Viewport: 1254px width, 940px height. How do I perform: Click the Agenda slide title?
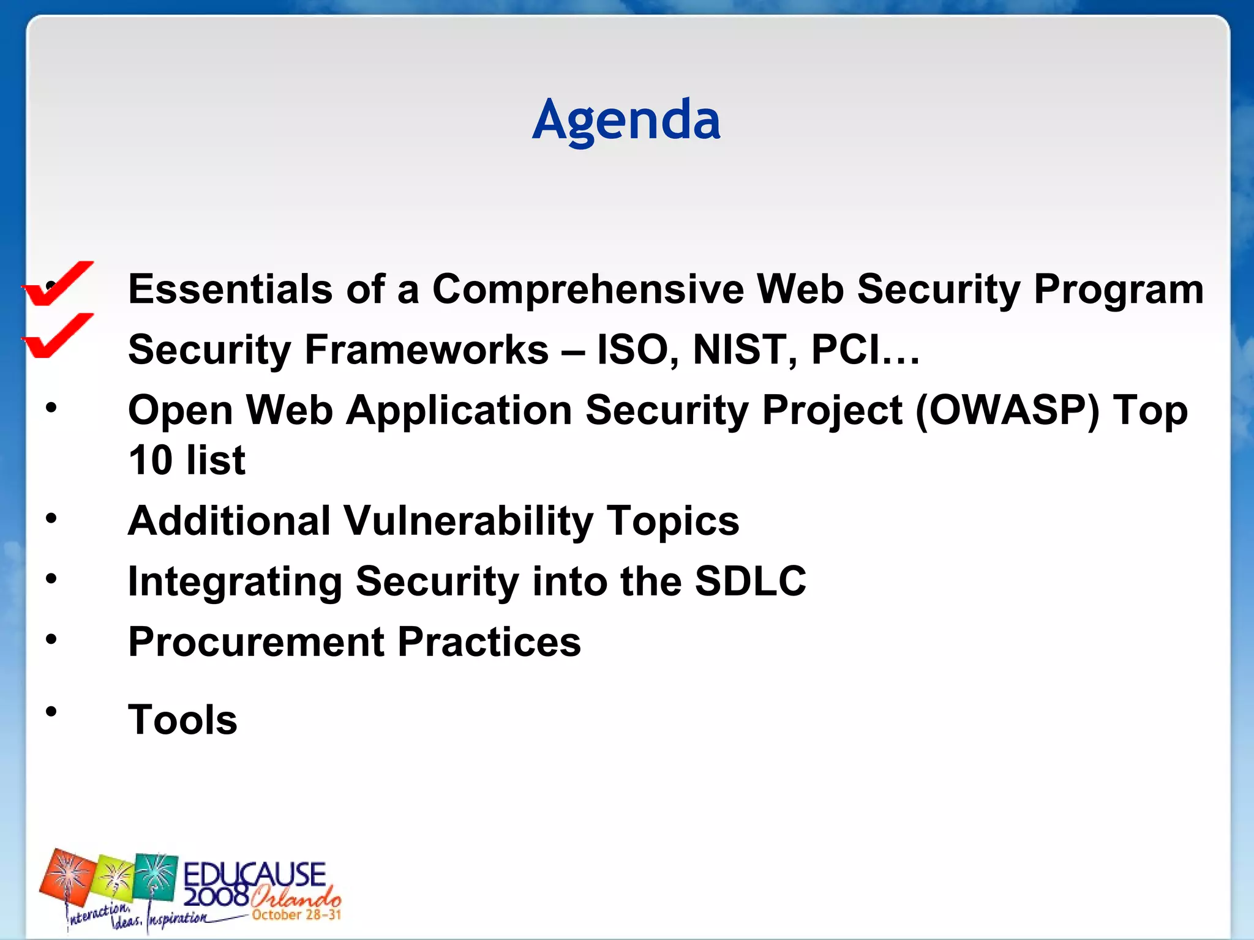pos(626,120)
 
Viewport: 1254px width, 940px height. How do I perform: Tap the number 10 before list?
pos(151,461)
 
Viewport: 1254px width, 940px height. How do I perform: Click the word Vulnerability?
pos(468,521)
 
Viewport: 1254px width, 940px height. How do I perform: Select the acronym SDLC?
pos(751,581)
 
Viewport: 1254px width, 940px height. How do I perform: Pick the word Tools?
pos(182,720)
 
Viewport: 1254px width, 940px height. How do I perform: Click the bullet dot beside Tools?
pos(51,711)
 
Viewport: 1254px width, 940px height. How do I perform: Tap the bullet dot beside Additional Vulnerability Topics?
pos(51,519)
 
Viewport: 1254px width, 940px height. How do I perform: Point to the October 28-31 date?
pos(296,916)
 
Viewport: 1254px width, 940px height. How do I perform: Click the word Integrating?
pos(235,581)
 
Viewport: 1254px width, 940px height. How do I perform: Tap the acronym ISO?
pos(637,350)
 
